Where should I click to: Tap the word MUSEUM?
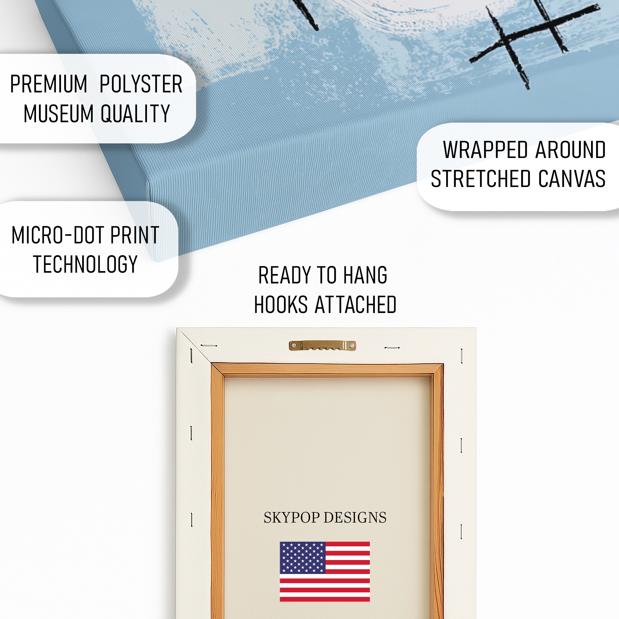tap(58, 113)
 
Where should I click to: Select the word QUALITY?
tap(135, 113)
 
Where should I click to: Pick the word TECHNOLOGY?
tap(85, 264)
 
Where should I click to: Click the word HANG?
tap(365, 275)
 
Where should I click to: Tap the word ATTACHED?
tap(356, 304)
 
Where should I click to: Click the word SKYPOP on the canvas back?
tap(292, 518)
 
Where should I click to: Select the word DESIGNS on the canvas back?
tap(355, 517)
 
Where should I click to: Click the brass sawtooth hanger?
tap(322, 346)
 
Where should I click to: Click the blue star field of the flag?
tap(303, 557)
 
